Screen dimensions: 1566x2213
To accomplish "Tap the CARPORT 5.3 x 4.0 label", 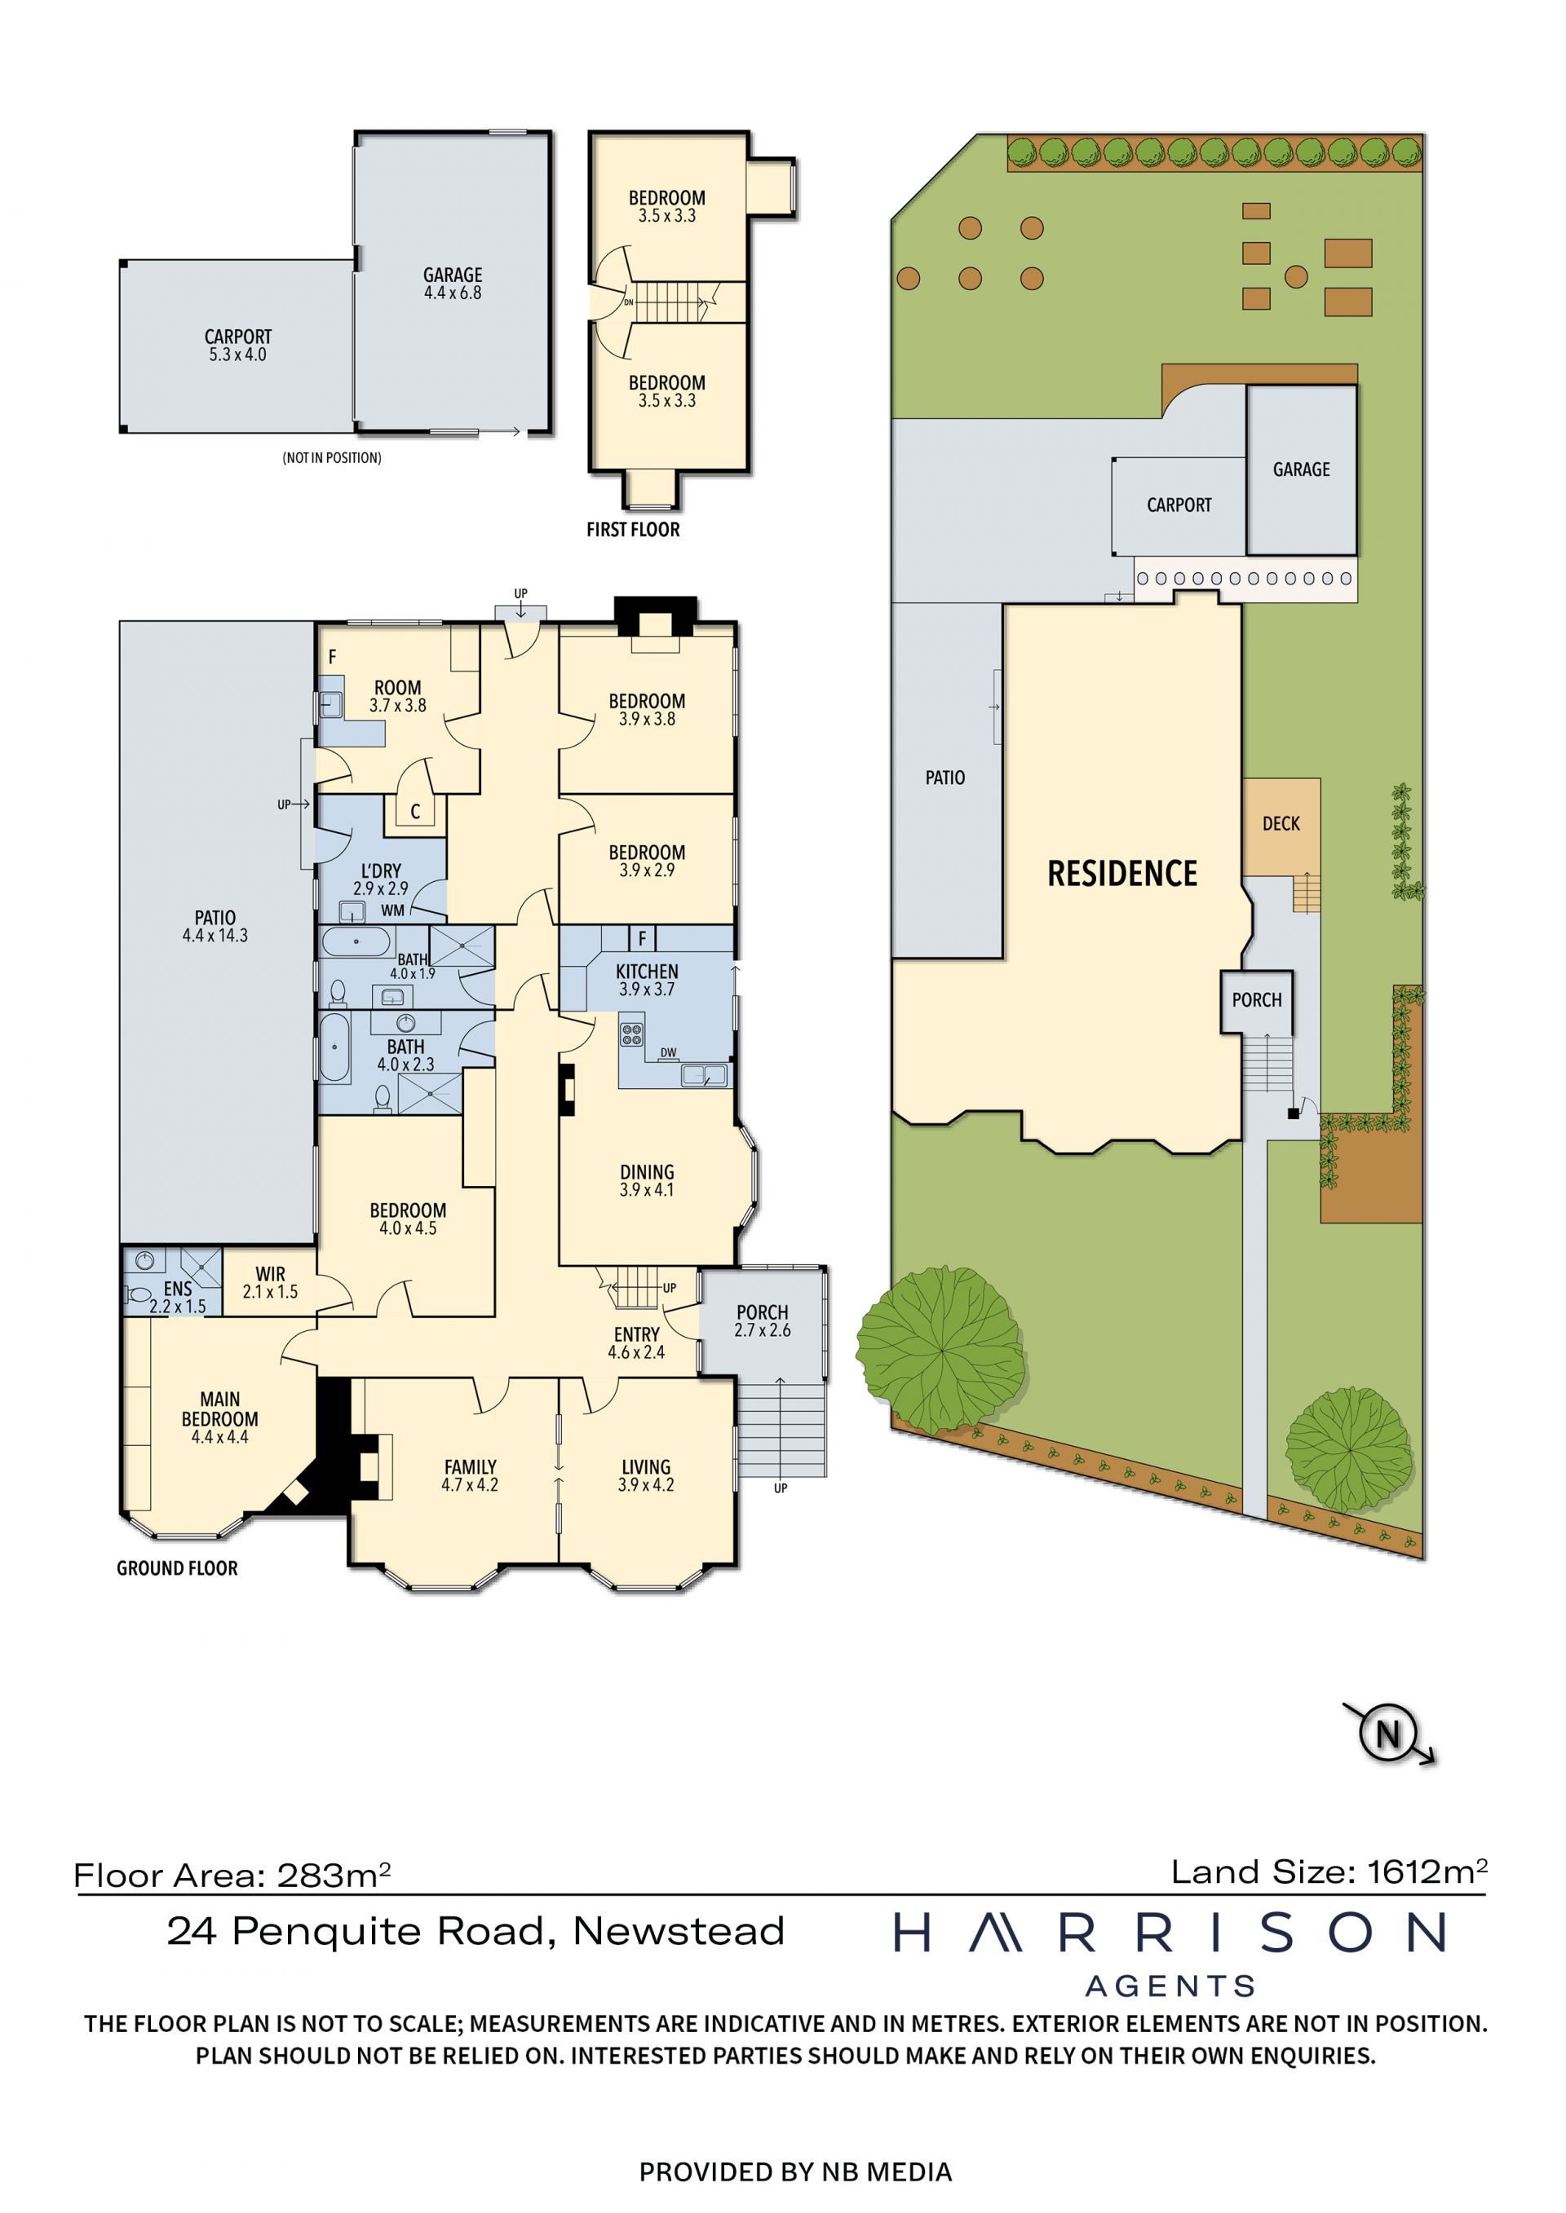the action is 237,345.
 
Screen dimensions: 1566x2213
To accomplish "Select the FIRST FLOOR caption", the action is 633,529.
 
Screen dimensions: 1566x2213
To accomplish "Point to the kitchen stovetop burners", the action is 631,1034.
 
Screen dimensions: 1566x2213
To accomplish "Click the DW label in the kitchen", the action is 668,1052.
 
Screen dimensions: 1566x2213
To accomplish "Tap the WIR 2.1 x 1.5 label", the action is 270,1283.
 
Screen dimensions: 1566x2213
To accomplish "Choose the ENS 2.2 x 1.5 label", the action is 178,1298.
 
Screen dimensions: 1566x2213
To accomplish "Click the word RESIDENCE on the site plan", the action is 1122,873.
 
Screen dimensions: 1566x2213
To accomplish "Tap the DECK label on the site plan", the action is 1281,823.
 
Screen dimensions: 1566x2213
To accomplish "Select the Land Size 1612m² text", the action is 1329,1871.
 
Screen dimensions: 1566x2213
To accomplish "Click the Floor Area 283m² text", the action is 232,1875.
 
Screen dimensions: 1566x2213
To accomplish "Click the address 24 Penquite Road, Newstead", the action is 476,1932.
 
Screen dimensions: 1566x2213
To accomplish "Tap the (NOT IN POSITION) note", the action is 332,458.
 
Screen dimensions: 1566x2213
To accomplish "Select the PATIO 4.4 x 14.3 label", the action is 215,926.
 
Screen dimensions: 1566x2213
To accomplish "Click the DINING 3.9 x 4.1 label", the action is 646,1181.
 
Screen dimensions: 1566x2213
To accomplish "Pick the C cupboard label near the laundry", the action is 416,812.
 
